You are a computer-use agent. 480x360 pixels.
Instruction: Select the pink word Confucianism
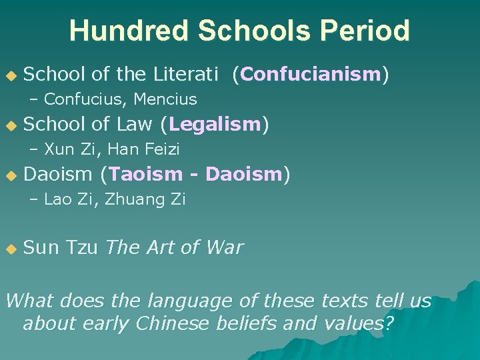coord(311,74)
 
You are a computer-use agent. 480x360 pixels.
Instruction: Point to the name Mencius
coord(165,99)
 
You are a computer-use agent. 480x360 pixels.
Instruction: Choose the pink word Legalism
coord(215,124)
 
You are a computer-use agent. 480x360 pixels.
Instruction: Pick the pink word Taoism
coord(145,174)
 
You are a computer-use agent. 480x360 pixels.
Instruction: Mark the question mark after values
coord(389,325)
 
